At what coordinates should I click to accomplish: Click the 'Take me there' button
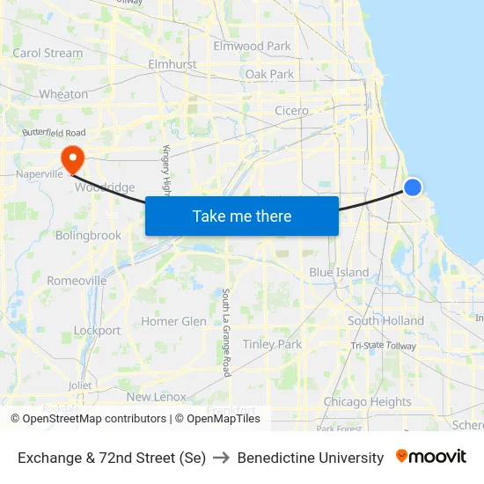click(242, 216)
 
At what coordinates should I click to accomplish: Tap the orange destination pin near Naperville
click(71, 158)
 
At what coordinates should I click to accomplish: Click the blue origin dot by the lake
click(412, 187)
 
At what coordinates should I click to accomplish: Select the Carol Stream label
click(48, 53)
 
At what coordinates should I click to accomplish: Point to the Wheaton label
click(63, 94)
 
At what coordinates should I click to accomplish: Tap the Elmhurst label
click(172, 64)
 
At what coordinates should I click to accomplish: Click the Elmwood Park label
click(252, 46)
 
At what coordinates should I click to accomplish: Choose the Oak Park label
click(269, 74)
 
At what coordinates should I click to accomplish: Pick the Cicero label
click(291, 111)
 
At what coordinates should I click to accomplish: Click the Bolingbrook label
click(88, 236)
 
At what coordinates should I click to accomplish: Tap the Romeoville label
click(77, 281)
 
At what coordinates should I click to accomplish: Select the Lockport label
click(97, 331)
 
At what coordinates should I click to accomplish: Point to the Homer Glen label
click(173, 321)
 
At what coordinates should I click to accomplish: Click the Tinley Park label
click(272, 344)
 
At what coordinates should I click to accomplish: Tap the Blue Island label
click(339, 272)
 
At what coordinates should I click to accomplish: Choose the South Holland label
click(385, 321)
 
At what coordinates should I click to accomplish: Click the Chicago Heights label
click(367, 402)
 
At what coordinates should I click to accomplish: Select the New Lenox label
click(157, 397)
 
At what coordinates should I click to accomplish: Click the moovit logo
click(430, 457)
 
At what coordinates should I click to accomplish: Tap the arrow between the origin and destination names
click(222, 458)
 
